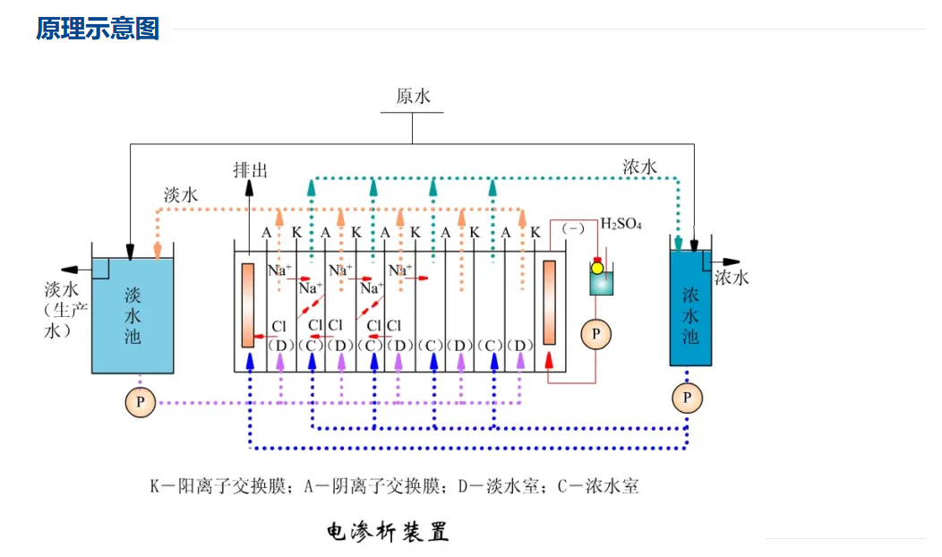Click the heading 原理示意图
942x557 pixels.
point(98,29)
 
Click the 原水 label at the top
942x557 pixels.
point(413,96)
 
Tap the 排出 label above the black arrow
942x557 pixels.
point(251,170)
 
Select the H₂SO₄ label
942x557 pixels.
point(621,224)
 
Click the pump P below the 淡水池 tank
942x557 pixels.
point(140,402)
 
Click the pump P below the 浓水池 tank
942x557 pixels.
point(687,398)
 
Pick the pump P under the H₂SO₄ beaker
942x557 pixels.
point(595,334)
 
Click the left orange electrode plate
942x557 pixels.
point(247,305)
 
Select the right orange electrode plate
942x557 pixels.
point(549,303)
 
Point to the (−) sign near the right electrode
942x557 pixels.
point(573,228)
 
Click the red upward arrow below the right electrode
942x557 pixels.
point(549,361)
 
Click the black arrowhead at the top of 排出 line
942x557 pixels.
point(249,187)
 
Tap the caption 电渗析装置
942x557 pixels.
point(388,531)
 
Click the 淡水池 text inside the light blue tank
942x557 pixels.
point(133,315)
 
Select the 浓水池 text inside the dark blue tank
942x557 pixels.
point(690,315)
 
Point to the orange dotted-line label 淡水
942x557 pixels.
point(181,194)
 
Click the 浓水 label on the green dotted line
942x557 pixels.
point(639,167)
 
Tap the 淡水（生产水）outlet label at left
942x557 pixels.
point(66,310)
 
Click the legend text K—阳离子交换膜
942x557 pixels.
point(218,485)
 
